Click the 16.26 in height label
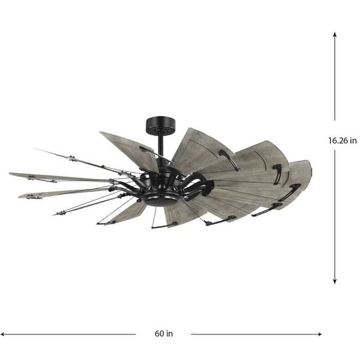coord(343,141)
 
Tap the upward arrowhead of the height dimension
coord(335,34)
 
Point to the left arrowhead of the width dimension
coord(2,334)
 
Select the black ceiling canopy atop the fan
coord(160,125)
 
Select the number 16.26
coord(337,141)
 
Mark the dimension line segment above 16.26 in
coord(335,78)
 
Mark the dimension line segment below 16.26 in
coord(335,216)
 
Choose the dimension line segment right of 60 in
coord(255,334)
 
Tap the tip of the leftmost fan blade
coord(11,175)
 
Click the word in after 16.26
coord(353,141)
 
